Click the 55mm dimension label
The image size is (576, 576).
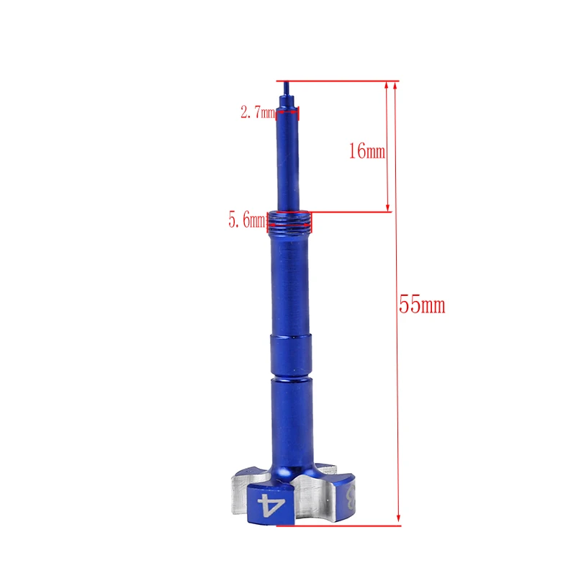(422, 305)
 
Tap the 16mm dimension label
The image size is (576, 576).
(366, 150)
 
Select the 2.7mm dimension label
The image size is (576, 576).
(258, 112)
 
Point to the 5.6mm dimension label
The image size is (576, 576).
(246, 220)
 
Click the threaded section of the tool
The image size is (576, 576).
(289, 222)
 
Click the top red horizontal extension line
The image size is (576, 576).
(337, 81)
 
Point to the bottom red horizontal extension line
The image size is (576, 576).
(338, 526)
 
